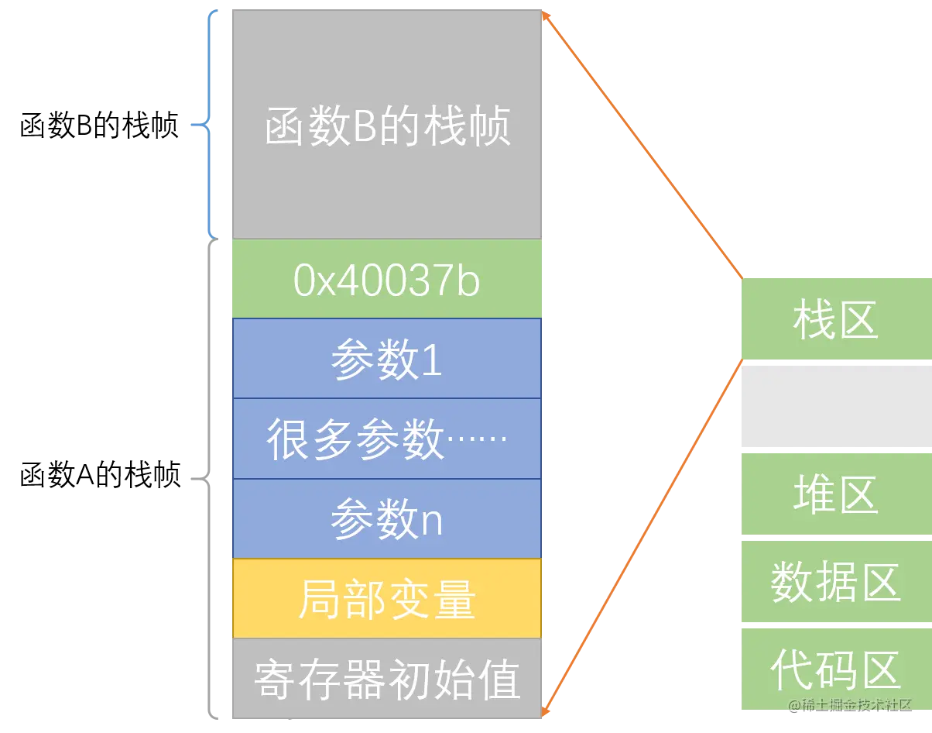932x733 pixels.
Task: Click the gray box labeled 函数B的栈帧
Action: tap(387, 124)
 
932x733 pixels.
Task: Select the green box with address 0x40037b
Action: tap(387, 280)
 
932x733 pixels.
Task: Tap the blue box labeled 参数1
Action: tap(387, 359)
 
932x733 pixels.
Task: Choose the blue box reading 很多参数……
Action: tap(387, 439)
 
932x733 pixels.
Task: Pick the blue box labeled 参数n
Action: tap(387, 518)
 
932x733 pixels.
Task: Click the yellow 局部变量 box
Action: tap(387, 598)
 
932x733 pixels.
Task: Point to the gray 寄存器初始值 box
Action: tap(387, 678)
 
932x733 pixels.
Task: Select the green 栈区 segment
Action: tap(835, 318)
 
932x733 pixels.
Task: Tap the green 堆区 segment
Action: tap(835, 494)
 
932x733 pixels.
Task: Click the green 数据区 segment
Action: tap(835, 582)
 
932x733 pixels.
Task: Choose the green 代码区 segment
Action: tap(835, 669)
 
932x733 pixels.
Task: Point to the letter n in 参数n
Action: tap(430, 522)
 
